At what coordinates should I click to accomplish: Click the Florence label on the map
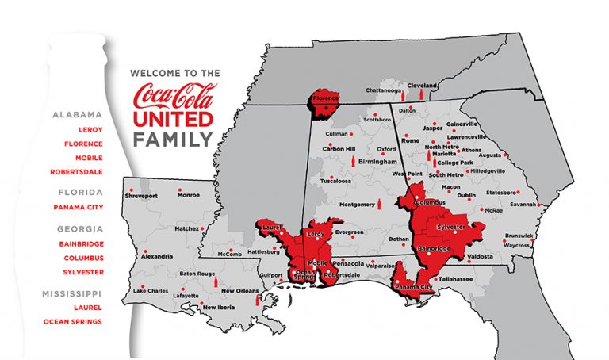pyautogui.click(x=325, y=100)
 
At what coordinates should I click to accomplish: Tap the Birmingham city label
pyautogui.click(x=377, y=161)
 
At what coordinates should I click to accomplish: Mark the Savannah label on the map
pyautogui.click(x=523, y=204)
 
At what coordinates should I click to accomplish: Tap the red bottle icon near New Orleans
pyautogui.click(x=257, y=301)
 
